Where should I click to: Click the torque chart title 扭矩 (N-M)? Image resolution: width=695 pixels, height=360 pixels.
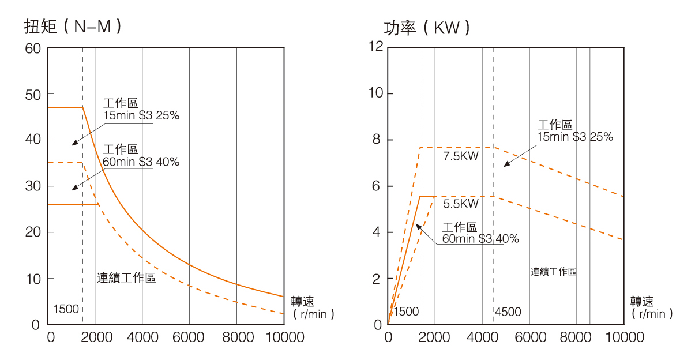click(x=73, y=27)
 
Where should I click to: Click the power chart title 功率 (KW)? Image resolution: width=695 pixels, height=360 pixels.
click(x=427, y=28)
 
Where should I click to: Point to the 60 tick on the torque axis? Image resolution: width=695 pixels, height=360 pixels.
click(x=32, y=48)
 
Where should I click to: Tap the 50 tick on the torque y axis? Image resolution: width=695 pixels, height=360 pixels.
click(x=32, y=94)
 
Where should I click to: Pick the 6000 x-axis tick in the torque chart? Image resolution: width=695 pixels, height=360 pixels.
click(x=189, y=337)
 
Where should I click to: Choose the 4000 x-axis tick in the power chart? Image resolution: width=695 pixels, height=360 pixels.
click(x=482, y=337)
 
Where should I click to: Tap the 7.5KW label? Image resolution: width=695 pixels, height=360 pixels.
click(x=461, y=156)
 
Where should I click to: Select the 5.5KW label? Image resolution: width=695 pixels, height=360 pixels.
click(x=461, y=204)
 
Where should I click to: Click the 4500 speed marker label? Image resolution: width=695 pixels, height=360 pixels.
click(x=508, y=312)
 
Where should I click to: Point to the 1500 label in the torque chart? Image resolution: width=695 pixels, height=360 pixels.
click(x=66, y=309)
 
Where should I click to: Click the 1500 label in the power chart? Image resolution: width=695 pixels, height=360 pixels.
click(x=406, y=312)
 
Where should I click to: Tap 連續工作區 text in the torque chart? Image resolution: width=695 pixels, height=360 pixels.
click(x=126, y=279)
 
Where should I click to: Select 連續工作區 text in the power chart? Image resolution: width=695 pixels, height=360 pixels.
click(x=553, y=271)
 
